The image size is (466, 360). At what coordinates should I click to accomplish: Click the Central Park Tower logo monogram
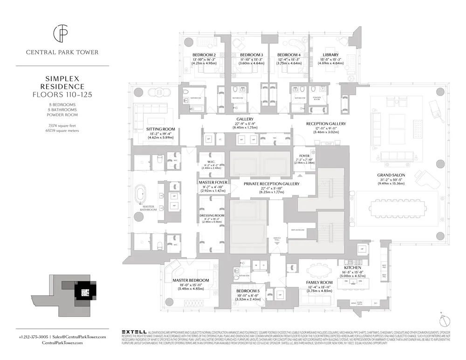tap(62, 34)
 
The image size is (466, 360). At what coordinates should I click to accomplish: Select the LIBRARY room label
tap(330, 55)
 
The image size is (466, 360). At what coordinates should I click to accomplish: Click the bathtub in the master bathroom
tap(140, 197)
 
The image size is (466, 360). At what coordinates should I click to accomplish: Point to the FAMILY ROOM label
tap(319, 283)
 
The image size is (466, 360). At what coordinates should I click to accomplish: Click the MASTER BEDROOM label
tap(190, 280)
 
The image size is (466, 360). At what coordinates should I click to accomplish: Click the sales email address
tap(80, 336)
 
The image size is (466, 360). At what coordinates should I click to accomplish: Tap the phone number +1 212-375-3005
tap(34, 336)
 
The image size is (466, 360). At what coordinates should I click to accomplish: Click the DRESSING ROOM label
tap(212, 216)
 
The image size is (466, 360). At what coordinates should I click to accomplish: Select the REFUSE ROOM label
tap(298, 230)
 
